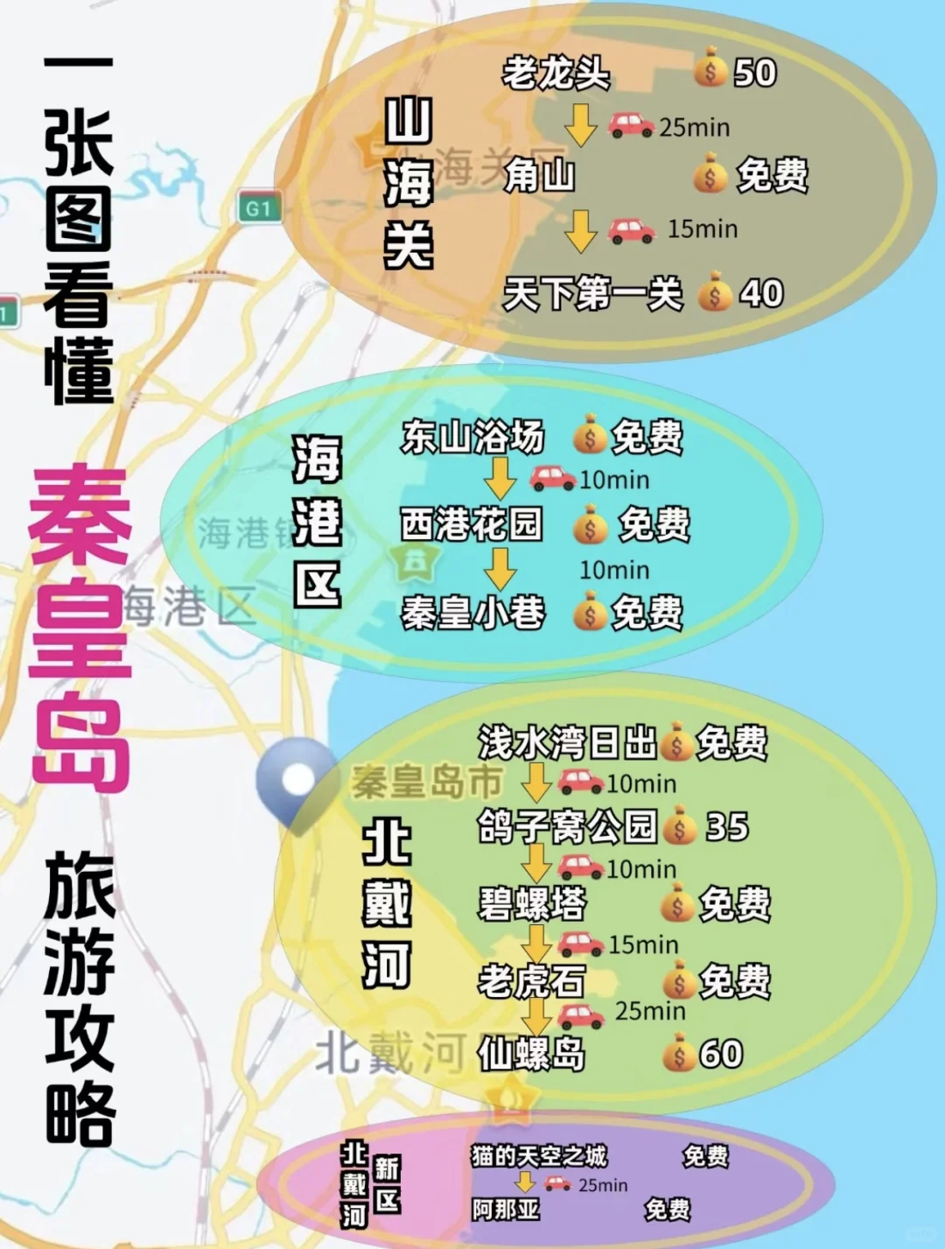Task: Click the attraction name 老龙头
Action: (x=556, y=73)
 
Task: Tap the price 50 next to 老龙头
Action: (x=754, y=73)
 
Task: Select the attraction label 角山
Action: (x=540, y=176)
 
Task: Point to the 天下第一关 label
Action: (x=592, y=293)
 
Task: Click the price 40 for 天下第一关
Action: (x=760, y=293)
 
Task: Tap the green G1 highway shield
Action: (x=259, y=208)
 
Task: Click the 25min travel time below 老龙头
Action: (x=694, y=128)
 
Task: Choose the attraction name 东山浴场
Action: (x=472, y=437)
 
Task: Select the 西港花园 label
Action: (x=472, y=524)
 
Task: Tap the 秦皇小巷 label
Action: (x=472, y=613)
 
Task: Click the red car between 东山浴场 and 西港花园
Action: (x=553, y=478)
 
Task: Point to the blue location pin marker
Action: (x=297, y=778)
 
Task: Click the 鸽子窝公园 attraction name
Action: (x=567, y=826)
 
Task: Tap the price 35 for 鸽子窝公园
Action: (x=727, y=826)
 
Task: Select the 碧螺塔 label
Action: (x=531, y=903)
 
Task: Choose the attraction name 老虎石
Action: (x=531, y=981)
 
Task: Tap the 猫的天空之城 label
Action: (x=539, y=1156)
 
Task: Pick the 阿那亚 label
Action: (x=506, y=1210)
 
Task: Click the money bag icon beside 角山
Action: (x=710, y=174)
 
